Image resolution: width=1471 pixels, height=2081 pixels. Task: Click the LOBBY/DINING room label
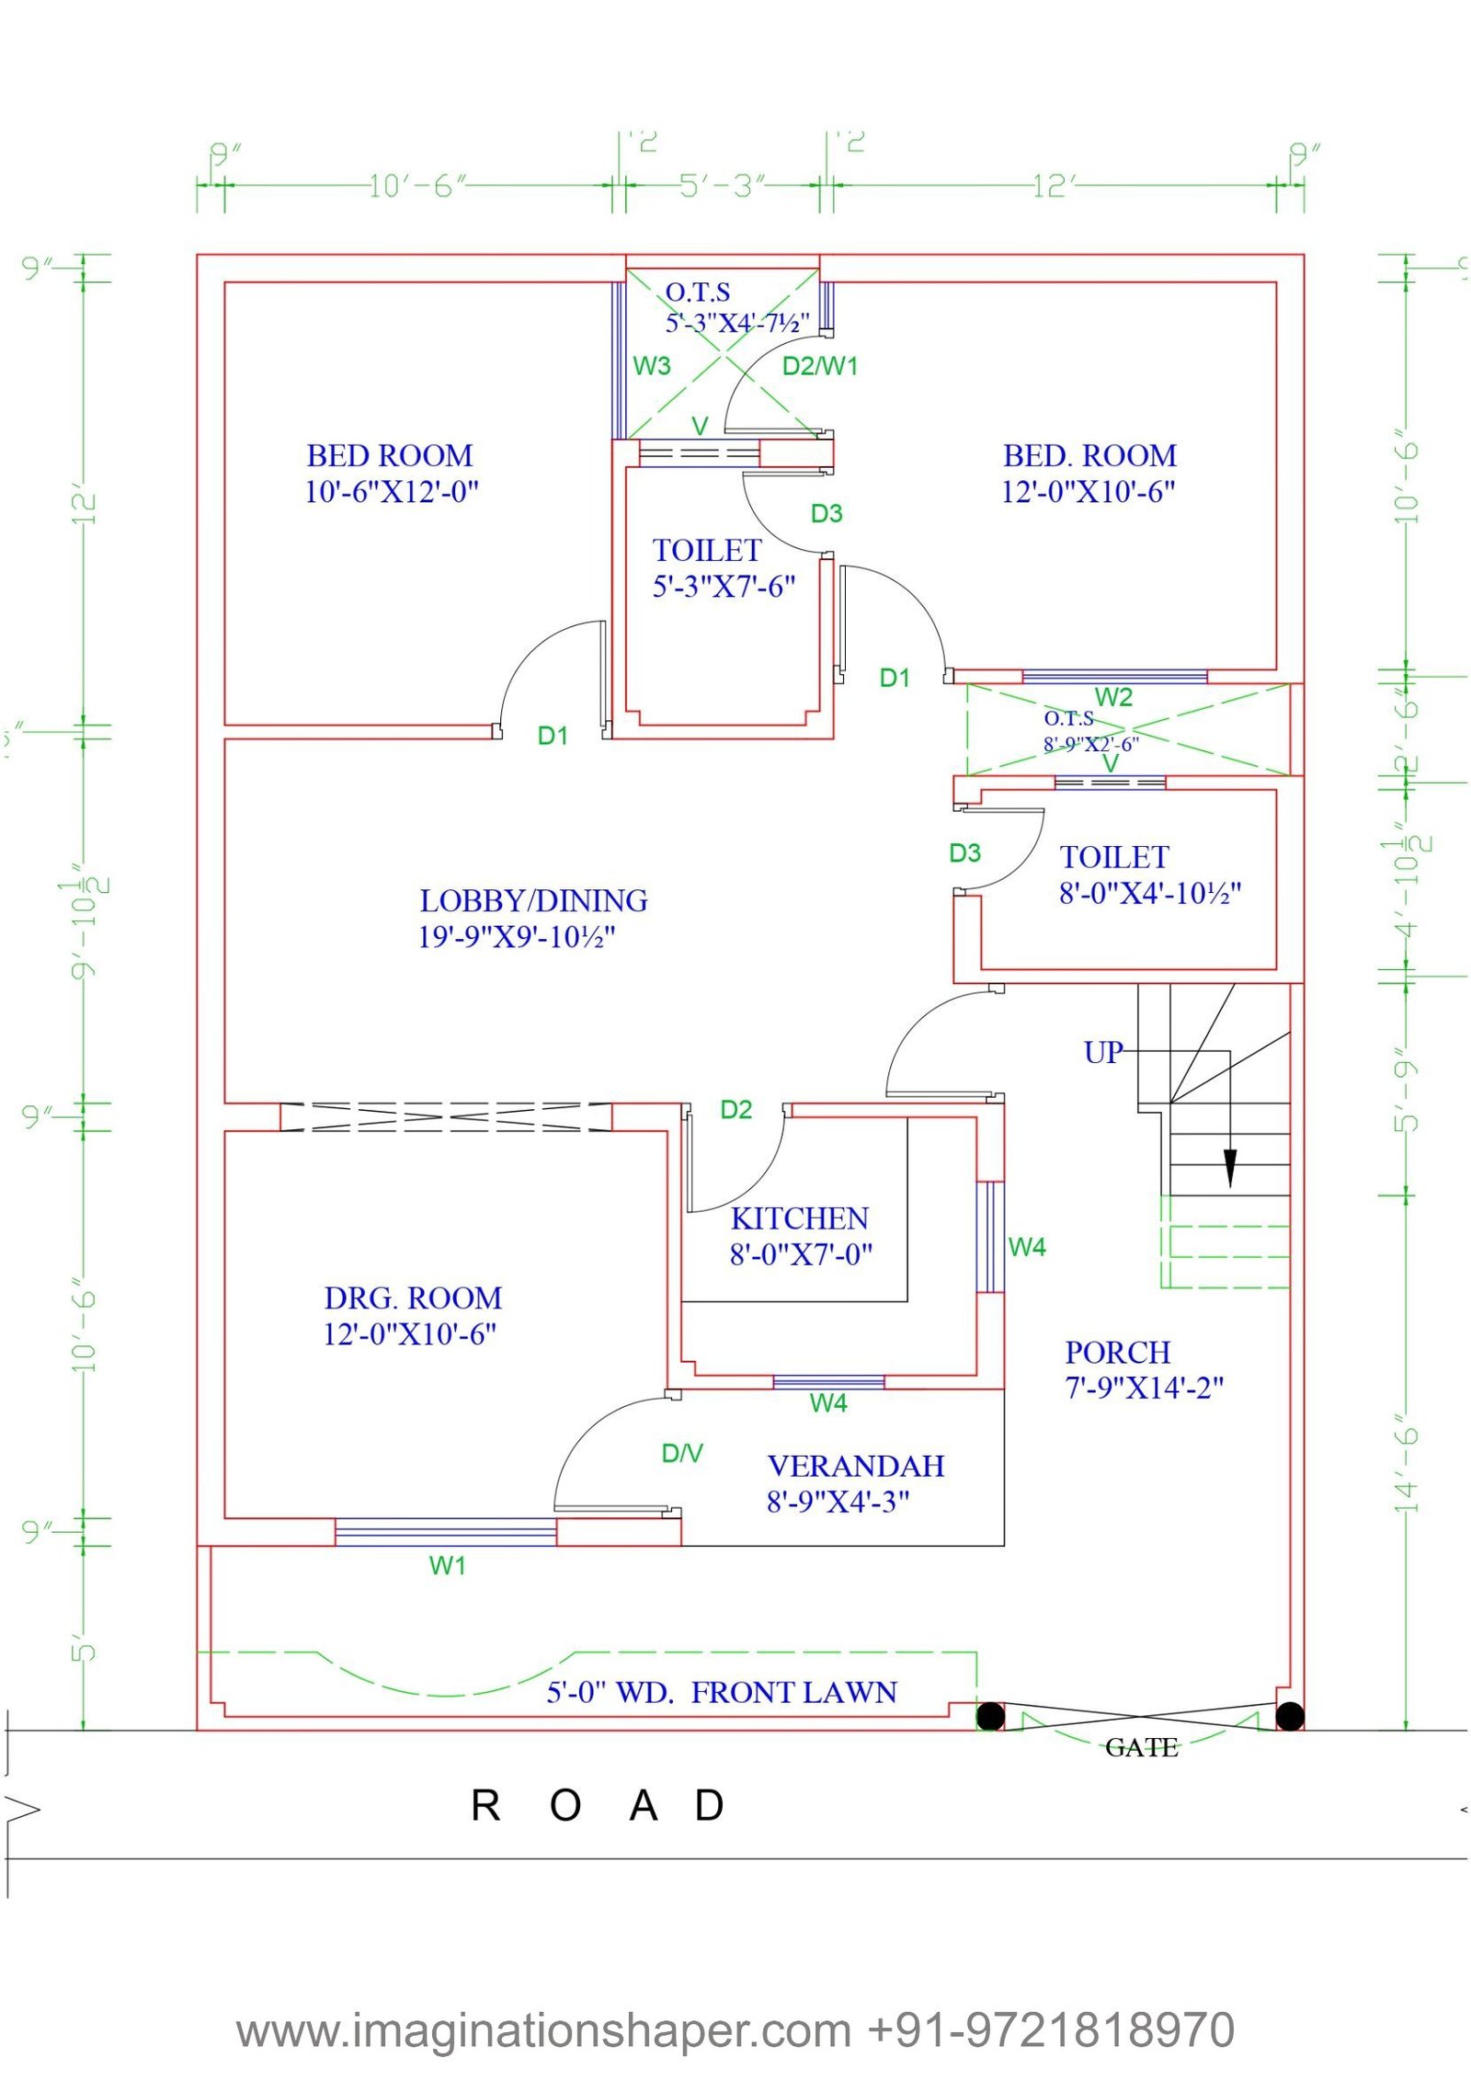(533, 900)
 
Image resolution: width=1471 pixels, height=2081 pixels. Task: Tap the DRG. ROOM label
(413, 1298)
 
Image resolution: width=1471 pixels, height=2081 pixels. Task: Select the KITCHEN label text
(799, 1218)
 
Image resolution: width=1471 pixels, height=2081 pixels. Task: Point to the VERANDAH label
(855, 1466)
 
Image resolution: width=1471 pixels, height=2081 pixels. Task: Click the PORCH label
(1117, 1352)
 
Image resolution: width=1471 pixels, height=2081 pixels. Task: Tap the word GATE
(1141, 1747)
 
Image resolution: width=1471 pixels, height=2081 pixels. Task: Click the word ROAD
(598, 1806)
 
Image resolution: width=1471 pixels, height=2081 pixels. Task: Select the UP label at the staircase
(1102, 1052)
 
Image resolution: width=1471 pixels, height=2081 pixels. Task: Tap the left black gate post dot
(990, 1716)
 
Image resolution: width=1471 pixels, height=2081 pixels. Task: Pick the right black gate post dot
(1290, 1716)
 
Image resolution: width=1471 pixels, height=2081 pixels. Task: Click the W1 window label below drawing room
(448, 1566)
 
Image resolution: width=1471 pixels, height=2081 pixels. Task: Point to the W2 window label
(1113, 697)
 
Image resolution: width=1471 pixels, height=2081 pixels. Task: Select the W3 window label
(652, 366)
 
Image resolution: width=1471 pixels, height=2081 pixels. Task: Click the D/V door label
(682, 1453)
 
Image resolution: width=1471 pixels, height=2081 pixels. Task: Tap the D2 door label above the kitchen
(735, 1110)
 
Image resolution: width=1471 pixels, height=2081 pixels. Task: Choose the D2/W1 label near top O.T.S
(819, 366)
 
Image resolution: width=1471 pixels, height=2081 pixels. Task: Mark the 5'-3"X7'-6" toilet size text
(724, 587)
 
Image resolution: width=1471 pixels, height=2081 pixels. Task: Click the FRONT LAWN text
(793, 1692)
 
